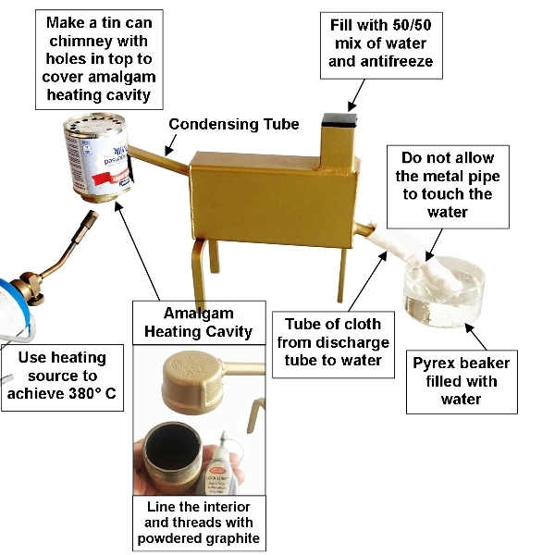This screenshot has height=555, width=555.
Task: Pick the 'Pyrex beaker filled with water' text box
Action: coord(462,380)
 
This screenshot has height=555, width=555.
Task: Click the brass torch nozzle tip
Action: coord(89,220)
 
